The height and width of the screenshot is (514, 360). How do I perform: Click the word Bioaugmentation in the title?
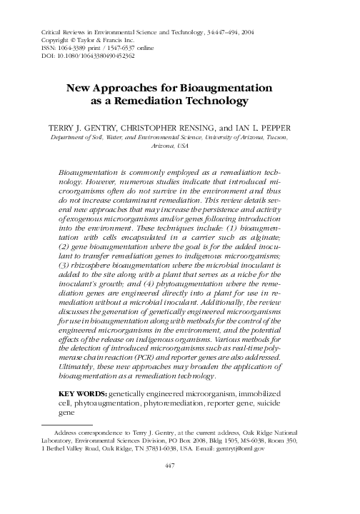point(224,89)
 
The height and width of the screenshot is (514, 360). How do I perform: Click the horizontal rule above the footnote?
point(63,424)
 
